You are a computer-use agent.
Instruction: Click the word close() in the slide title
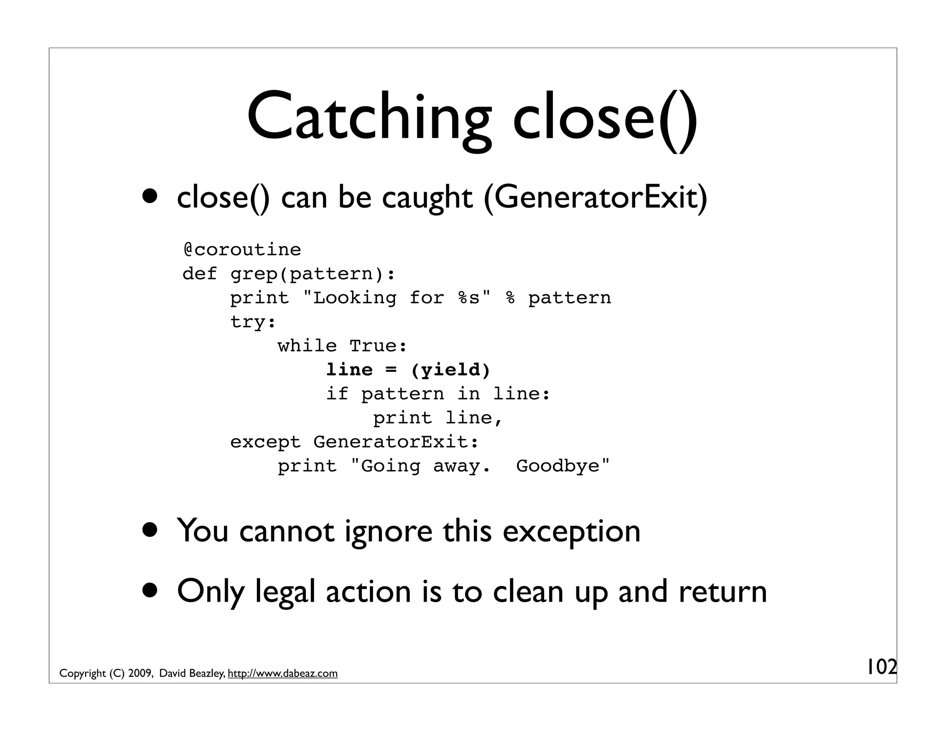pyautogui.click(x=605, y=118)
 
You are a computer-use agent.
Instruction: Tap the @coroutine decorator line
pyautogui.click(x=242, y=250)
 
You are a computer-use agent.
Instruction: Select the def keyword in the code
pyautogui.click(x=200, y=274)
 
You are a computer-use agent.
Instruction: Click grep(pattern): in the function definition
pyautogui.click(x=313, y=274)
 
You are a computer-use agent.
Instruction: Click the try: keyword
pyautogui.click(x=253, y=322)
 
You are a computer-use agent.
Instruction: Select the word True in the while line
pyautogui.click(x=378, y=346)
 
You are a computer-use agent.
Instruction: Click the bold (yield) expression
pyautogui.click(x=450, y=370)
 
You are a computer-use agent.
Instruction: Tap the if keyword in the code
pyautogui.click(x=337, y=394)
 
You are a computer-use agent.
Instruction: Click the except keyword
pyautogui.click(x=265, y=442)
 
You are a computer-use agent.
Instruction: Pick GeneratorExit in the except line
pyautogui.click(x=396, y=442)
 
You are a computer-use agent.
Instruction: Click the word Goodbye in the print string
pyautogui.click(x=563, y=466)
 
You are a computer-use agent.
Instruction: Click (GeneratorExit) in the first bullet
pyautogui.click(x=595, y=198)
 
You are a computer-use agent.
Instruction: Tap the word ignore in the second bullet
pyautogui.click(x=388, y=531)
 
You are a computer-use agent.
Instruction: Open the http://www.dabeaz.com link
pyautogui.click(x=283, y=674)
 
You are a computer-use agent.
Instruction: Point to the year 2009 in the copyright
pyautogui.click(x=141, y=674)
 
